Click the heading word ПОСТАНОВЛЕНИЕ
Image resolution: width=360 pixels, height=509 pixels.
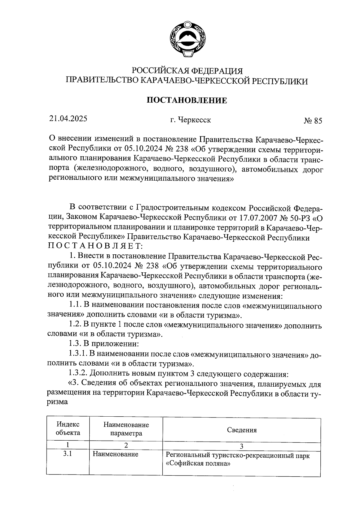[x=187, y=100]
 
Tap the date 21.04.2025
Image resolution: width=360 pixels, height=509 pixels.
[x=68, y=119]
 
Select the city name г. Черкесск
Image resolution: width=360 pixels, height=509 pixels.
[x=190, y=120]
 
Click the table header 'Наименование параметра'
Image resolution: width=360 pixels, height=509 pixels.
[x=126, y=429]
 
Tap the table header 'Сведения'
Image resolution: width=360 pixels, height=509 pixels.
[x=242, y=430]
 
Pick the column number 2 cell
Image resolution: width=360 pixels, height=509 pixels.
[x=126, y=445]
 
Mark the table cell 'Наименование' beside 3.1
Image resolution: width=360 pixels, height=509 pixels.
[x=115, y=454]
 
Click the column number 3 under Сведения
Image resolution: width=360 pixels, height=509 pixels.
[x=241, y=446]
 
